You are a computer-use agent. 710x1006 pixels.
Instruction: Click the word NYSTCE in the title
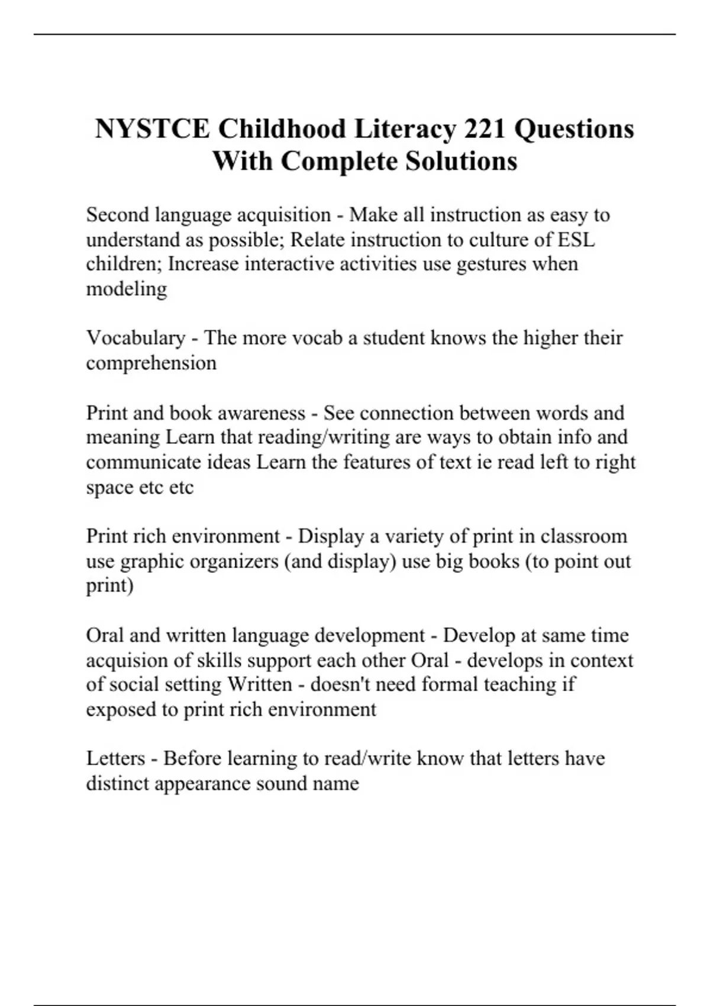(x=152, y=129)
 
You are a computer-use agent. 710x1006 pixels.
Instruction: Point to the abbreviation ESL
(x=576, y=240)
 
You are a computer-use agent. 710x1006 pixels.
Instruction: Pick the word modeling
(x=127, y=289)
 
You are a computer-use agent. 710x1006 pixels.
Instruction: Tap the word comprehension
(x=151, y=363)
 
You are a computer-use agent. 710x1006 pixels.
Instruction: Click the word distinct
(x=117, y=783)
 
